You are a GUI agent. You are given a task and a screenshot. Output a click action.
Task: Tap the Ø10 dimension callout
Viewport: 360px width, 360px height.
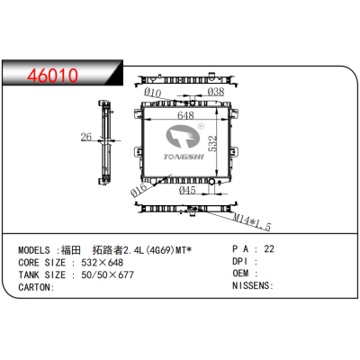click(x=153, y=92)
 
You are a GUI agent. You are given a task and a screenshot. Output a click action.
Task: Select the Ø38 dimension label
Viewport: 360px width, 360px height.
click(x=216, y=92)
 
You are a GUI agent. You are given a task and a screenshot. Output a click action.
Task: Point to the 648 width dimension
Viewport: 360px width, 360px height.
click(x=185, y=116)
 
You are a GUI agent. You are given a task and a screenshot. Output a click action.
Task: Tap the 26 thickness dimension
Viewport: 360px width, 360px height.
click(x=87, y=138)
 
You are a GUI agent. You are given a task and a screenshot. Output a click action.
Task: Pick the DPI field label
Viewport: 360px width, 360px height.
click(x=242, y=261)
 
